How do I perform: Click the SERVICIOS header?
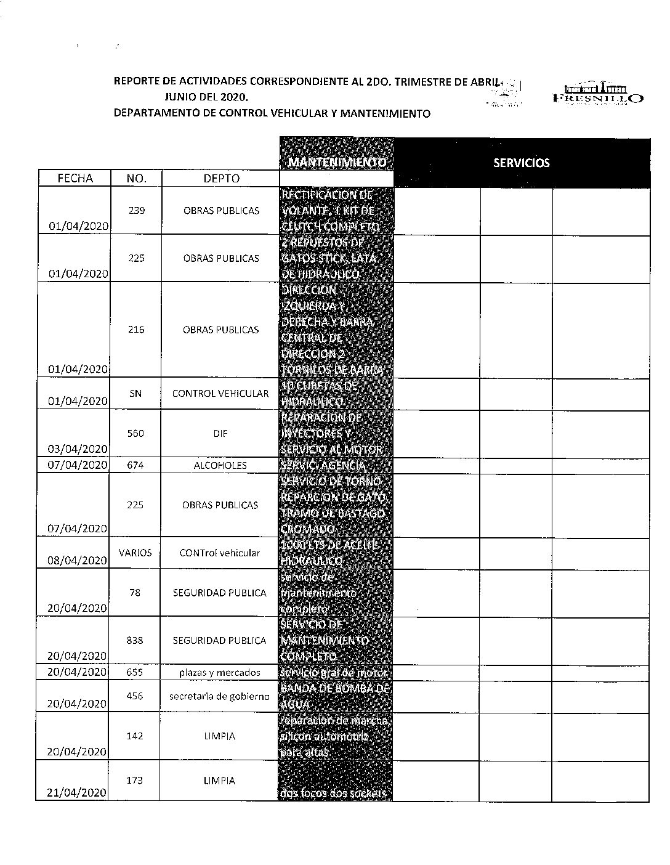tap(522, 163)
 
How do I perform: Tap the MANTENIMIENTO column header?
tap(337, 162)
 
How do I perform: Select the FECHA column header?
tap(75, 178)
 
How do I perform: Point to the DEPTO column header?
tap(221, 178)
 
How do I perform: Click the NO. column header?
tap(136, 178)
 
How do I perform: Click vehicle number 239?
tap(137, 211)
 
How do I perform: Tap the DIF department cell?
tap(221, 434)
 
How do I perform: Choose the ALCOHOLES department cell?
tap(220, 465)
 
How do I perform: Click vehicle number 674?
tap(135, 465)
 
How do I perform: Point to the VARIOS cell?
tap(135, 553)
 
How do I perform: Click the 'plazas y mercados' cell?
tap(220, 673)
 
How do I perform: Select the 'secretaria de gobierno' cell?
tap(220, 696)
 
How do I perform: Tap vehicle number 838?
tap(135, 641)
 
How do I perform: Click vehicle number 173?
tap(135, 781)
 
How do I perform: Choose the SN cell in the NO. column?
tap(135, 393)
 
